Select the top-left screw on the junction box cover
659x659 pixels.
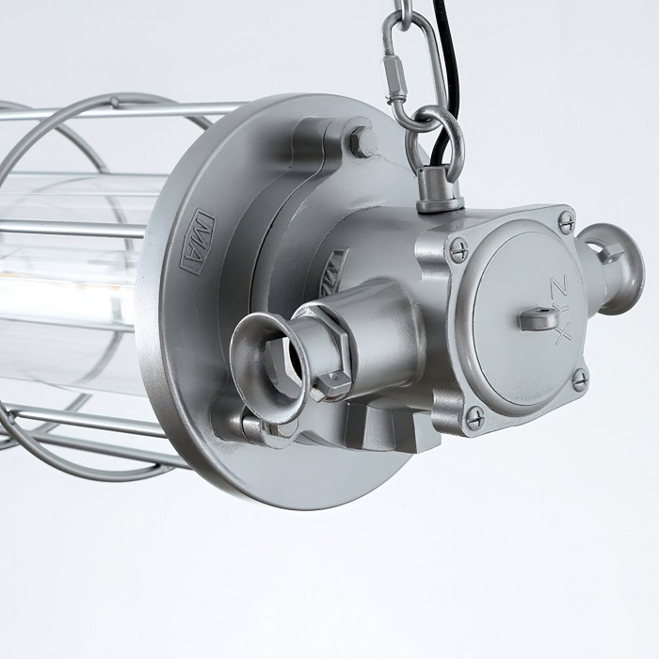[458, 249]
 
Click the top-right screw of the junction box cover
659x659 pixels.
[566, 222]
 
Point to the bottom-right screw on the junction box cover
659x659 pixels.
[580, 378]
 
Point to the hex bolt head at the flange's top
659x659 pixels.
[362, 141]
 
